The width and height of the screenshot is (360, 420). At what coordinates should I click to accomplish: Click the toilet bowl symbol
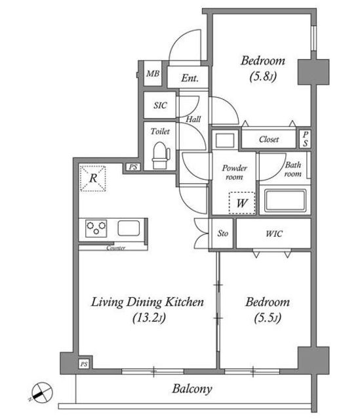(161, 156)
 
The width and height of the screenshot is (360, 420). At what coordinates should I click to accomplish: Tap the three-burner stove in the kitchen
(96, 228)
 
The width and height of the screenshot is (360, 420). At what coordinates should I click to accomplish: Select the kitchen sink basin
(129, 228)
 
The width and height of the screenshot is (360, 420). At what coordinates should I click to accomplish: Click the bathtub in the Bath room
(285, 200)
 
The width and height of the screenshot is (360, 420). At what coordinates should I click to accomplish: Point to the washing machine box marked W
(242, 203)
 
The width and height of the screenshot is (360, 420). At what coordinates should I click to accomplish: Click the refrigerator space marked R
(93, 178)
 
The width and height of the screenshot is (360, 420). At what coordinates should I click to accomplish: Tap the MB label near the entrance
(153, 73)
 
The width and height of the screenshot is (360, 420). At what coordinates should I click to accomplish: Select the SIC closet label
(160, 105)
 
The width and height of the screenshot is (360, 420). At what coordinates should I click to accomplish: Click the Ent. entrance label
(190, 78)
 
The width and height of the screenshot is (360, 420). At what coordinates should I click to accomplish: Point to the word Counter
(115, 248)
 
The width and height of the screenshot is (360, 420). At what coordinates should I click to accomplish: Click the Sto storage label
(222, 234)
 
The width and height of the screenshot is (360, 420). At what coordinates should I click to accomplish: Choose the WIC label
(274, 234)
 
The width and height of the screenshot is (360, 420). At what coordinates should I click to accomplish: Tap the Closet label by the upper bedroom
(269, 139)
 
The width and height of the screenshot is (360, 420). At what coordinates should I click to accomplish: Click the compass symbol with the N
(41, 392)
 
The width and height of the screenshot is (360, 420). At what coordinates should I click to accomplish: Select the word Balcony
(192, 389)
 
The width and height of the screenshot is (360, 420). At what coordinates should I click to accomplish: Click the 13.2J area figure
(149, 318)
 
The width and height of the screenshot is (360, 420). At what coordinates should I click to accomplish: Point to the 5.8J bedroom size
(263, 77)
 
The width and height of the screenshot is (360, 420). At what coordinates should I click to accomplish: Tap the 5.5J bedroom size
(268, 318)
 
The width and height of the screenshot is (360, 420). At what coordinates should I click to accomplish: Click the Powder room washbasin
(225, 140)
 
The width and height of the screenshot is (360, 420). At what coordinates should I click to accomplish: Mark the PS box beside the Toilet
(133, 167)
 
